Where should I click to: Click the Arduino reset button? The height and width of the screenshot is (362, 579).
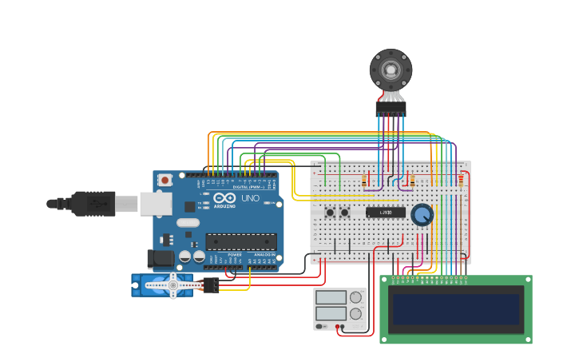[x=165, y=181]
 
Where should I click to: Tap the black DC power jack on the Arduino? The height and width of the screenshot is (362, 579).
[x=160, y=258]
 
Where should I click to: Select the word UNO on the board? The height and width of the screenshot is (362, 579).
[x=250, y=197]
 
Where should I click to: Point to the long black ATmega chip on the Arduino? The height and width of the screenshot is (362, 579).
[x=241, y=241]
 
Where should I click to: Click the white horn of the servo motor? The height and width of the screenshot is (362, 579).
[x=173, y=284]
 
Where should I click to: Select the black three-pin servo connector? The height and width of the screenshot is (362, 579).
[x=211, y=284]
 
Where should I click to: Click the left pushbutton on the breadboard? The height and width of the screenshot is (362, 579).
[x=330, y=212]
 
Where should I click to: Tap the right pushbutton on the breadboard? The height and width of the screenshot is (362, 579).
[x=345, y=212]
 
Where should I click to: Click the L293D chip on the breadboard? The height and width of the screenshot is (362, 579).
[x=386, y=213]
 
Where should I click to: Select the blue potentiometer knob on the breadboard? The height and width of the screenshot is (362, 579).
[x=422, y=214]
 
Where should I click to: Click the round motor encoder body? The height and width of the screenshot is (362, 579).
[x=391, y=70]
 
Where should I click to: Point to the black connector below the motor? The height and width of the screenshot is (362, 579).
[x=391, y=107]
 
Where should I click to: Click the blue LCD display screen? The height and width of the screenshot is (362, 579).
[x=455, y=309]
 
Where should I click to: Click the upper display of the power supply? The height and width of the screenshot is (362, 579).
[x=331, y=298]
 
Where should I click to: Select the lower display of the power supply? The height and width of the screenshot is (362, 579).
[x=331, y=313]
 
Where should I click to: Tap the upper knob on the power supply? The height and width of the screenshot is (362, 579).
[x=355, y=298]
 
